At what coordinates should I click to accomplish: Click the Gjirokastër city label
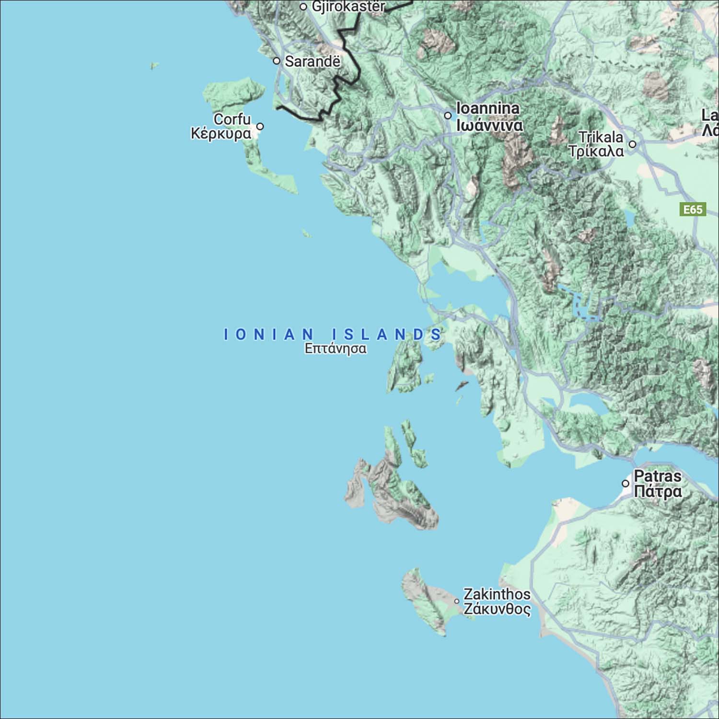[348, 7]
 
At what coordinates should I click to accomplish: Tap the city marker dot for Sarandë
[277, 61]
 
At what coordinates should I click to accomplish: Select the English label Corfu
[232, 119]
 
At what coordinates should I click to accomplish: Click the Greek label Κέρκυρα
[220, 133]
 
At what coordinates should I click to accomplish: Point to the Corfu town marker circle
[260, 127]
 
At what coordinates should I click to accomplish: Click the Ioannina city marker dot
[448, 116]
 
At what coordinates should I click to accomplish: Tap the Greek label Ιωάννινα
[489, 126]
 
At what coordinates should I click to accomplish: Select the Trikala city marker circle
[633, 144]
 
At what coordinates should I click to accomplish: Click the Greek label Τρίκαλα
[596, 151]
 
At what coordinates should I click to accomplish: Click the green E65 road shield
[693, 209]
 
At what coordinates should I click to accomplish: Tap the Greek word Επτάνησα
[336, 348]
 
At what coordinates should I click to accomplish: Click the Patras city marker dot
[626, 484]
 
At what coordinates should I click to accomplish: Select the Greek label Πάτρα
[658, 492]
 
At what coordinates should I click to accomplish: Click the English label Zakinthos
[497, 594]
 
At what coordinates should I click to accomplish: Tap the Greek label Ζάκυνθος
[497, 609]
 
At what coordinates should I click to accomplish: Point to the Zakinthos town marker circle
[457, 601]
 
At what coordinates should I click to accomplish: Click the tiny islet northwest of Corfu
[154, 65]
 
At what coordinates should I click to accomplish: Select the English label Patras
[658, 476]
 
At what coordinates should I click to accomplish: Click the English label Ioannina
[488, 109]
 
